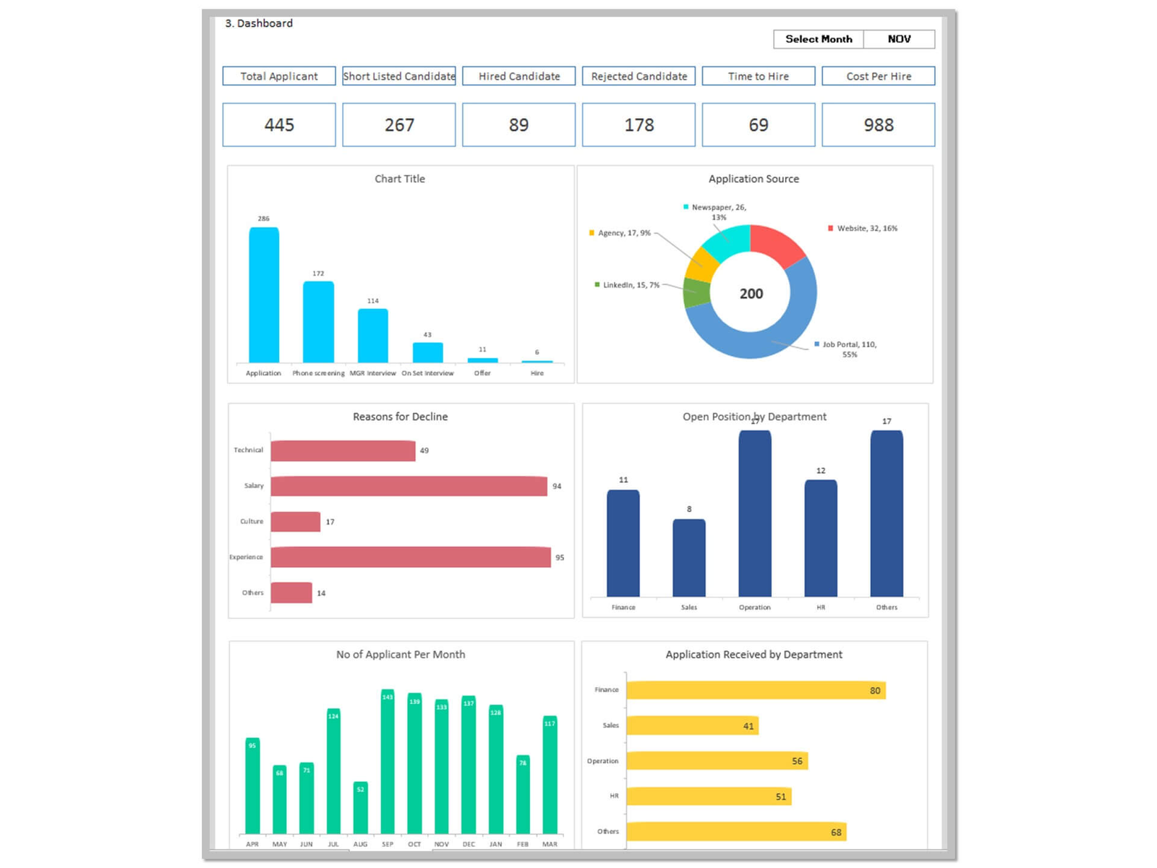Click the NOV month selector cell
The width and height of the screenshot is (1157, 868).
(899, 39)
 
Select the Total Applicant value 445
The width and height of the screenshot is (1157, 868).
(279, 125)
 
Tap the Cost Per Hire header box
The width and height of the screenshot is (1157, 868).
(878, 76)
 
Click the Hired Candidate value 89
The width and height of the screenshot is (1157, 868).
(518, 125)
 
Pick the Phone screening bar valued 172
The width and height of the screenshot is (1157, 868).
(318, 322)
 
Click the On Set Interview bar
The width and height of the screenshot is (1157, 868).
(427, 352)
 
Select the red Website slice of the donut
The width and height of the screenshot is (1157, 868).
(776, 244)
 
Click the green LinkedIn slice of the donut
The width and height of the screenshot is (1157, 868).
(696, 293)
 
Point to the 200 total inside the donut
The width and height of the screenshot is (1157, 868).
(751, 294)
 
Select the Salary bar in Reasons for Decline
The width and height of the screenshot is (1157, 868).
(409, 486)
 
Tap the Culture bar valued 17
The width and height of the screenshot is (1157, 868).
(295, 522)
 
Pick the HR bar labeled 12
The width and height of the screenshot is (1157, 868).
(820, 538)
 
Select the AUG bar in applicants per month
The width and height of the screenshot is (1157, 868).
(360, 808)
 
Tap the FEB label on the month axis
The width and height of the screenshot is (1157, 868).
(523, 844)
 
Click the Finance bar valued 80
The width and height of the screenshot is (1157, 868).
(755, 690)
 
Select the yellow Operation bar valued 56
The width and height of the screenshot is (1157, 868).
(716, 761)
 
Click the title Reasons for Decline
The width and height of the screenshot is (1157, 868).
(400, 417)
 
